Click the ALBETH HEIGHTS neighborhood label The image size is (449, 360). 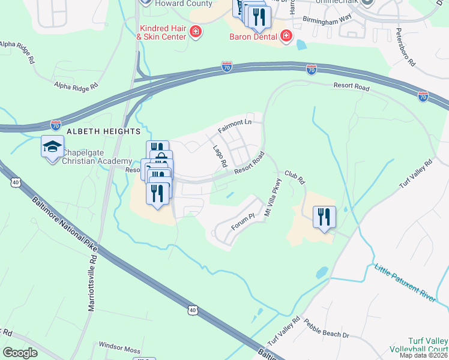point(104,131)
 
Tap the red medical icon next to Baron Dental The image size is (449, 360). point(286,36)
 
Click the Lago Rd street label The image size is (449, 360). point(220,155)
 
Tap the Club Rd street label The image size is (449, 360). point(295,176)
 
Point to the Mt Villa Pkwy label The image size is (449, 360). point(273,198)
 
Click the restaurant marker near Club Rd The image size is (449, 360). point(324,217)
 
